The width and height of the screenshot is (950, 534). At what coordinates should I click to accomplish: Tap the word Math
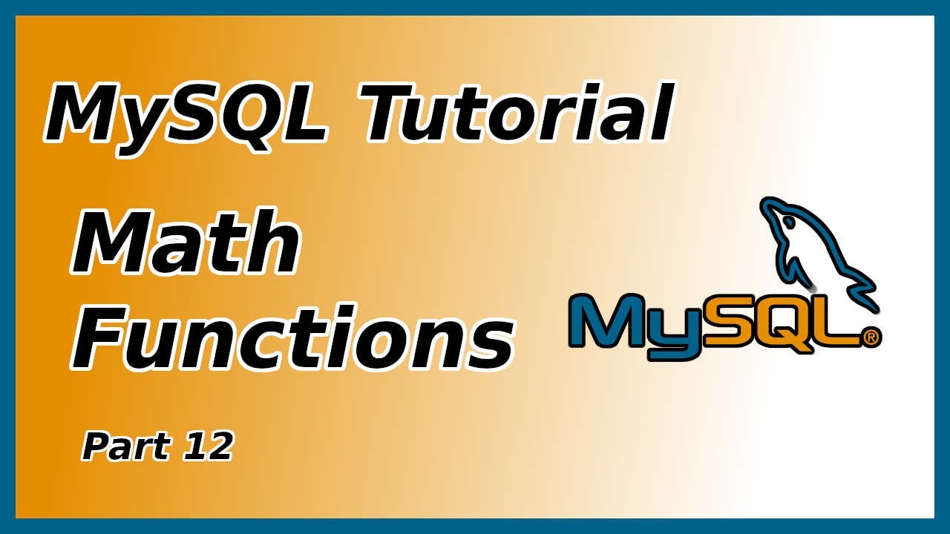[x=186, y=243]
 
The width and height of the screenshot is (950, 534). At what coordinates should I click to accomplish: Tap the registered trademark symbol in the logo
[x=871, y=338]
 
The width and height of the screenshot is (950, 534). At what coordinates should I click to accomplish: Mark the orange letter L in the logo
[x=839, y=321]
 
